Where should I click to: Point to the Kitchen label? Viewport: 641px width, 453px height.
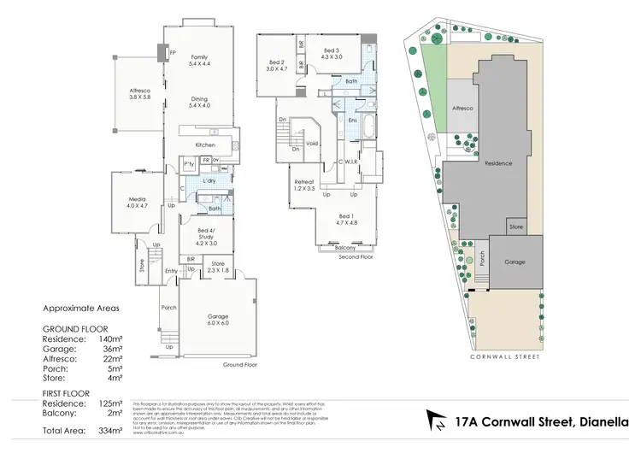tap(205, 145)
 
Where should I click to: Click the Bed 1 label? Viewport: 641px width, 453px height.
tap(345, 219)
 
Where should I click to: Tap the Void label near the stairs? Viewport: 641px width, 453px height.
tap(312, 144)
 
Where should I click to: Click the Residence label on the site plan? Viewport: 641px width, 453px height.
tap(498, 162)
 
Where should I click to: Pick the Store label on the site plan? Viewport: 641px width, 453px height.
tap(515, 226)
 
